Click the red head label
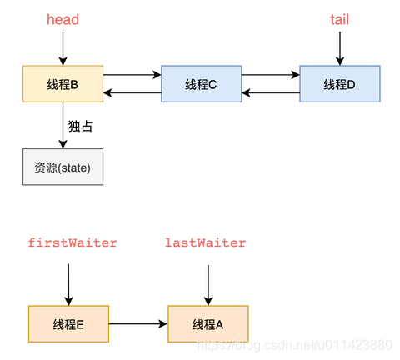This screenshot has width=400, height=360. (62, 19)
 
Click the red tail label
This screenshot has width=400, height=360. (340, 19)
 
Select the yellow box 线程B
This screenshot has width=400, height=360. (62, 83)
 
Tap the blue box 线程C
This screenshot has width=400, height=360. (201, 83)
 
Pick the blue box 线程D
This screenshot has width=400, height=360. (339, 83)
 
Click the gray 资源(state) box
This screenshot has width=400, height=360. (62, 167)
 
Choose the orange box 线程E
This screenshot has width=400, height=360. (68, 323)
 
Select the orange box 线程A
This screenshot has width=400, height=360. (207, 323)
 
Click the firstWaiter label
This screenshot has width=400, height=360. (72, 242)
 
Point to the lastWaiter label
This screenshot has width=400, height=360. (206, 242)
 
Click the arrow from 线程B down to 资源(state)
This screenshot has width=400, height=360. (62, 125)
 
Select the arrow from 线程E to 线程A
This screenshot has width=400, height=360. (137, 323)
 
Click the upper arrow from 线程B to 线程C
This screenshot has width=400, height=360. (132, 75)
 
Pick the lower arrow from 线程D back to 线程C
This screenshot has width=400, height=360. (270, 92)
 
